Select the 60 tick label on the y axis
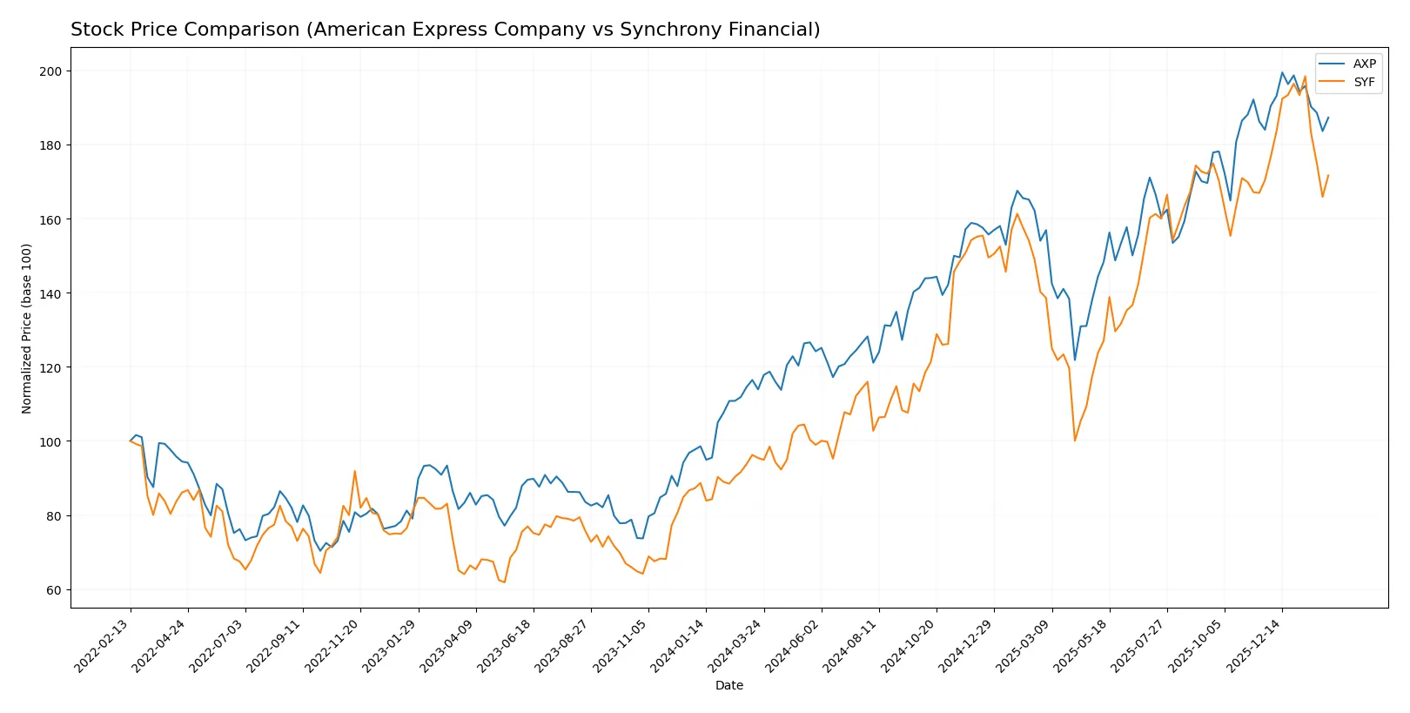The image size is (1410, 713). point(53,590)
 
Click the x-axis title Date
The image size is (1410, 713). point(728,686)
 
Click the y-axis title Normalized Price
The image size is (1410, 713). point(26,328)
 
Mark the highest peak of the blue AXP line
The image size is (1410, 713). point(1282,73)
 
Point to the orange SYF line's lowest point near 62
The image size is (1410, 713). point(504,582)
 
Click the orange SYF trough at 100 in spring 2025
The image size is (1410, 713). point(1075,441)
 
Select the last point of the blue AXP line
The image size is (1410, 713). point(1328,118)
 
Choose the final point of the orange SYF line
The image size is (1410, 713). point(1328,175)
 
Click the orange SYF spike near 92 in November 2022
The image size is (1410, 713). point(354,471)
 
